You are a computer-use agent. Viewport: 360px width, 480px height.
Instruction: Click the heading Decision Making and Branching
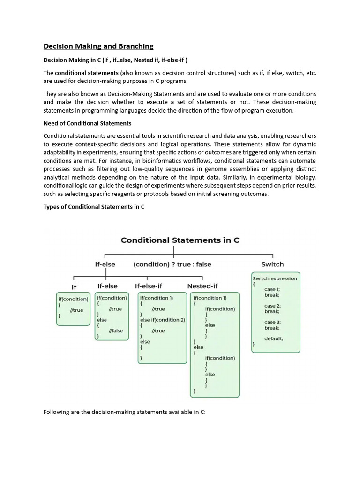pyautogui.click(x=98, y=46)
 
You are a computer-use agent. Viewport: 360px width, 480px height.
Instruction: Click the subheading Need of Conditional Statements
pyautogui.click(x=88, y=123)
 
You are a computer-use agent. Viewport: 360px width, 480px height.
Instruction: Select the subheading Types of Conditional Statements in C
pyautogui.click(x=94, y=207)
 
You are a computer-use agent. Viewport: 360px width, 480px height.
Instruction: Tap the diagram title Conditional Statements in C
pyautogui.click(x=180, y=240)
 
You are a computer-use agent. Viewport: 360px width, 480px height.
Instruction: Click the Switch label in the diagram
pyautogui.click(x=272, y=264)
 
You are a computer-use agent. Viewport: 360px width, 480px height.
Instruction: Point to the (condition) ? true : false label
pyautogui.click(x=172, y=264)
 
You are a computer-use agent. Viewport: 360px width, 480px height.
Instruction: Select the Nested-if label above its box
pyautogui.click(x=202, y=285)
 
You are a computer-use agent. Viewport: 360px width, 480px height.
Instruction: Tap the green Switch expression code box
pyautogui.click(x=276, y=312)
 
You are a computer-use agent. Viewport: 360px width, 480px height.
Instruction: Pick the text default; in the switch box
pyautogui.click(x=274, y=338)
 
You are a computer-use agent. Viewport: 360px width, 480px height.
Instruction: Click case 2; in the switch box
pyautogui.click(x=272, y=306)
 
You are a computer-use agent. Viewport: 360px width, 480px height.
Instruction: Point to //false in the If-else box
pyautogui.click(x=116, y=330)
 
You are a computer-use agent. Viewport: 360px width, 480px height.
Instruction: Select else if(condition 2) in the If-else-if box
pyautogui.click(x=163, y=320)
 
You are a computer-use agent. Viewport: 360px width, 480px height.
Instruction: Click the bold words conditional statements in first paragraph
pyautogui.click(x=87, y=73)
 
